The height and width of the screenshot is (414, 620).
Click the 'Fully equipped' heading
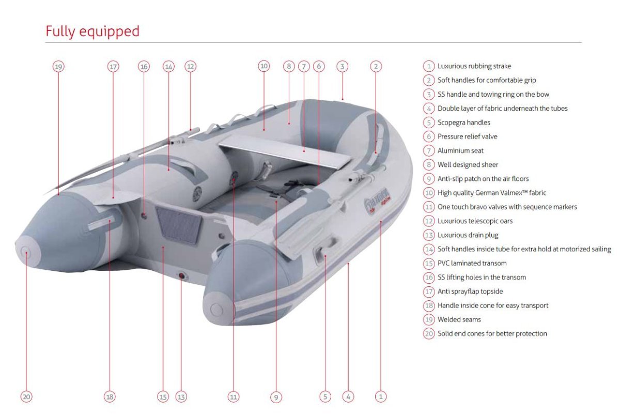(x=92, y=32)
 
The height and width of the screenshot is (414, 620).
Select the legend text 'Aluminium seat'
(x=460, y=150)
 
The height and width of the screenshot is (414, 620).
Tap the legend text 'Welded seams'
(x=459, y=319)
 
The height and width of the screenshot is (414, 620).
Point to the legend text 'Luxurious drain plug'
(x=468, y=235)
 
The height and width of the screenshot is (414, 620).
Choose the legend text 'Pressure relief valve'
(x=467, y=136)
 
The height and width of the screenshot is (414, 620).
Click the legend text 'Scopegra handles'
(x=463, y=122)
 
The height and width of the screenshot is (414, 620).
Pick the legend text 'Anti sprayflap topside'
(x=470, y=292)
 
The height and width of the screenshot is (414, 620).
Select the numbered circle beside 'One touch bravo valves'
(x=429, y=207)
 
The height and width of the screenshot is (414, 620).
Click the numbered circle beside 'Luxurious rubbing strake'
(x=429, y=66)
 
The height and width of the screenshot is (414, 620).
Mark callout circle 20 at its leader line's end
(x=26, y=397)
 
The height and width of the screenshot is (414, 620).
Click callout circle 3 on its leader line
(x=342, y=67)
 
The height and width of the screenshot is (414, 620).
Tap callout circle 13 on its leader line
(x=181, y=397)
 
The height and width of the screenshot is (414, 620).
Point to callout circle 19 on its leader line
(x=58, y=67)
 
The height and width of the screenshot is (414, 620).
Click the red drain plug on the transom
(x=181, y=276)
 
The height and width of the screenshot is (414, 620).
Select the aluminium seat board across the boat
(x=285, y=153)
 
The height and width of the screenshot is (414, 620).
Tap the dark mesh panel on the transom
(x=179, y=225)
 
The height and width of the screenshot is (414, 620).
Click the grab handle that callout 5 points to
(x=324, y=249)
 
